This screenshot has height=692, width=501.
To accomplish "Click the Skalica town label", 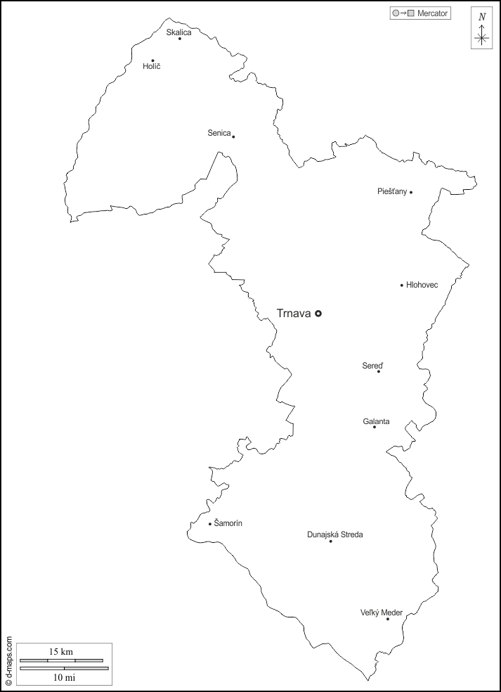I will point(178,32).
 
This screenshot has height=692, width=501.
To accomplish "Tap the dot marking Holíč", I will point(152,60).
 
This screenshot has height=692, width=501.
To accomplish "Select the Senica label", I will point(219,133).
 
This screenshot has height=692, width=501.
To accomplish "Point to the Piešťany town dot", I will point(411,192).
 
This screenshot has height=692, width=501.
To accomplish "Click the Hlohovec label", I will point(422,285).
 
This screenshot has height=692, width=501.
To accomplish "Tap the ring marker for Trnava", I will point(318,314).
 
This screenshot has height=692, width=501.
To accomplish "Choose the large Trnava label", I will point(294,314).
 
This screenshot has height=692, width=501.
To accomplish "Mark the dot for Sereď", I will point(379,371).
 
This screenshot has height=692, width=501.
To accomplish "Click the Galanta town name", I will point(376,421).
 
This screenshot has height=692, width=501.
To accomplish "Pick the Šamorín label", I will point(228,523).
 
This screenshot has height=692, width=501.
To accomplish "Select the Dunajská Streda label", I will point(335,534).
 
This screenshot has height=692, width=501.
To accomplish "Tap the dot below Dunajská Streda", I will point(331,542).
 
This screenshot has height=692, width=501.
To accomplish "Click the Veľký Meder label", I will point(381,613).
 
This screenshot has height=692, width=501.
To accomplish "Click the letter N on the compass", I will point(482,17).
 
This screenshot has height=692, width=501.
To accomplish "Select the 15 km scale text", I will point(61,652).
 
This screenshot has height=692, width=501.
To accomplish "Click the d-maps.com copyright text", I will point(8,660).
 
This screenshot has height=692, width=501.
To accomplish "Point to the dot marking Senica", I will point(233,136).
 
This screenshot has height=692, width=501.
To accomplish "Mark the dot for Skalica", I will point(180,39).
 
